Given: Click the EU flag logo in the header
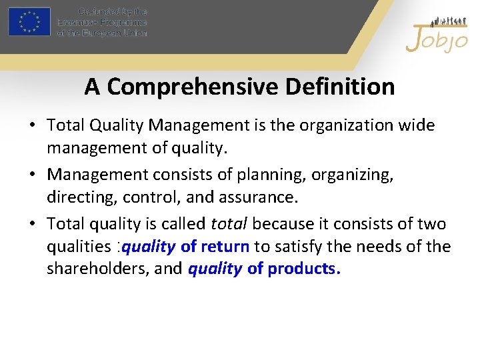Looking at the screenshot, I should pyautogui.click(x=29, y=22).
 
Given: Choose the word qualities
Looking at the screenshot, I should pyautogui.click(x=75, y=247).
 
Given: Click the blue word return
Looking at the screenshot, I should pyautogui.click(x=224, y=247).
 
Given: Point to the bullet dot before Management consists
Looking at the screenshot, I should pyautogui.click(x=33, y=175).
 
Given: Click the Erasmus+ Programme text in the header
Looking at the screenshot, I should pyautogui.click(x=102, y=22).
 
